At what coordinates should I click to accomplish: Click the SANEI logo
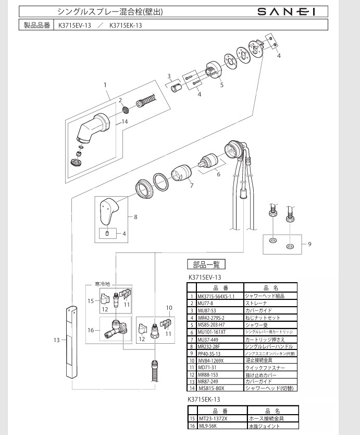[x=287, y=11]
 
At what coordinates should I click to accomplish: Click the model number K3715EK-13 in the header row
[x=126, y=25]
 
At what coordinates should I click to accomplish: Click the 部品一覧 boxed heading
[x=206, y=264]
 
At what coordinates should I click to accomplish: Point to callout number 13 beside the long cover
[x=57, y=340]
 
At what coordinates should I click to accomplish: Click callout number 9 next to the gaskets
[x=309, y=244]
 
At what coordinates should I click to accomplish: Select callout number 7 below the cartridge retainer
[x=191, y=185]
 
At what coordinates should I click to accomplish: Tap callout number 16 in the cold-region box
[x=91, y=330]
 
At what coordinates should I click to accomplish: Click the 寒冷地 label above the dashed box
[x=103, y=284]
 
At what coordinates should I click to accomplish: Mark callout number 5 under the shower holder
[x=221, y=84]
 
